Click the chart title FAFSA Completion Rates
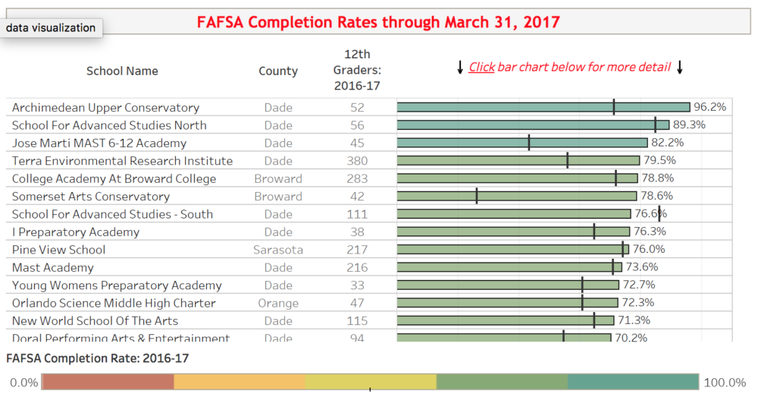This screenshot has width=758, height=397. (378, 22)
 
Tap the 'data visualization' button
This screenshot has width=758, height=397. (52, 28)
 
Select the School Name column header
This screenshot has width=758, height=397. (122, 71)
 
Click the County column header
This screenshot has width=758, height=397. (278, 71)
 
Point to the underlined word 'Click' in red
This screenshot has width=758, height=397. (481, 67)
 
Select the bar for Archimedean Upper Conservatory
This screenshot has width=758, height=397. (543, 108)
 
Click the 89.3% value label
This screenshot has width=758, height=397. (689, 125)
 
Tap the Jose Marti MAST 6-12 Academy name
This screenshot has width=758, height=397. (99, 143)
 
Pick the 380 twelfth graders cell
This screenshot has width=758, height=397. (356, 161)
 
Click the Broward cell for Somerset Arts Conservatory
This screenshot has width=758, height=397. (278, 197)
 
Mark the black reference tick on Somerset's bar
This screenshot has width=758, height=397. (477, 197)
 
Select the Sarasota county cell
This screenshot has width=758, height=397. (278, 250)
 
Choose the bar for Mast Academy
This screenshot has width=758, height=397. (509, 267)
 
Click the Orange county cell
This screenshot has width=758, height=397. (278, 303)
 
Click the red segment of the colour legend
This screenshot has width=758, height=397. (108, 382)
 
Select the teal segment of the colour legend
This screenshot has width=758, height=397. (633, 382)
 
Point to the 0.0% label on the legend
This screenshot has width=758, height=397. (23, 383)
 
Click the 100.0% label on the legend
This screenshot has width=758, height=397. (725, 383)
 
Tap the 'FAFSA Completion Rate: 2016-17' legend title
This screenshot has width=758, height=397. (97, 358)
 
